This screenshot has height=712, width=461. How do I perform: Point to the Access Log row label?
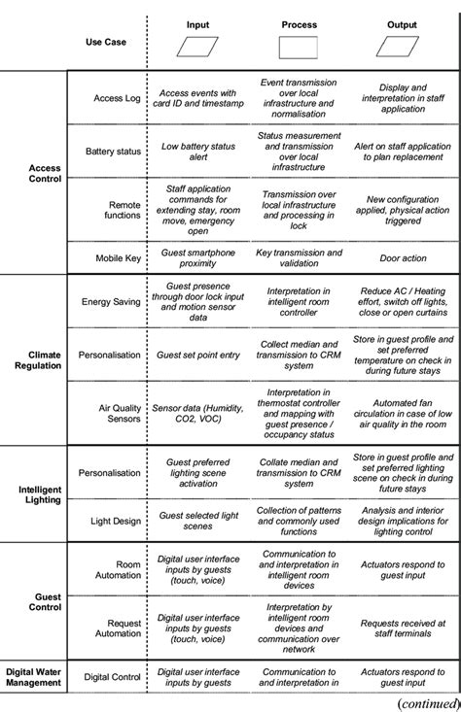point(115,97)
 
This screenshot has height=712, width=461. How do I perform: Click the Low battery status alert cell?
point(201,152)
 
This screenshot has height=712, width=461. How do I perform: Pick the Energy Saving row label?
point(111,301)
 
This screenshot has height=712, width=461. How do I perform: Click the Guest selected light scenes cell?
point(201,521)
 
